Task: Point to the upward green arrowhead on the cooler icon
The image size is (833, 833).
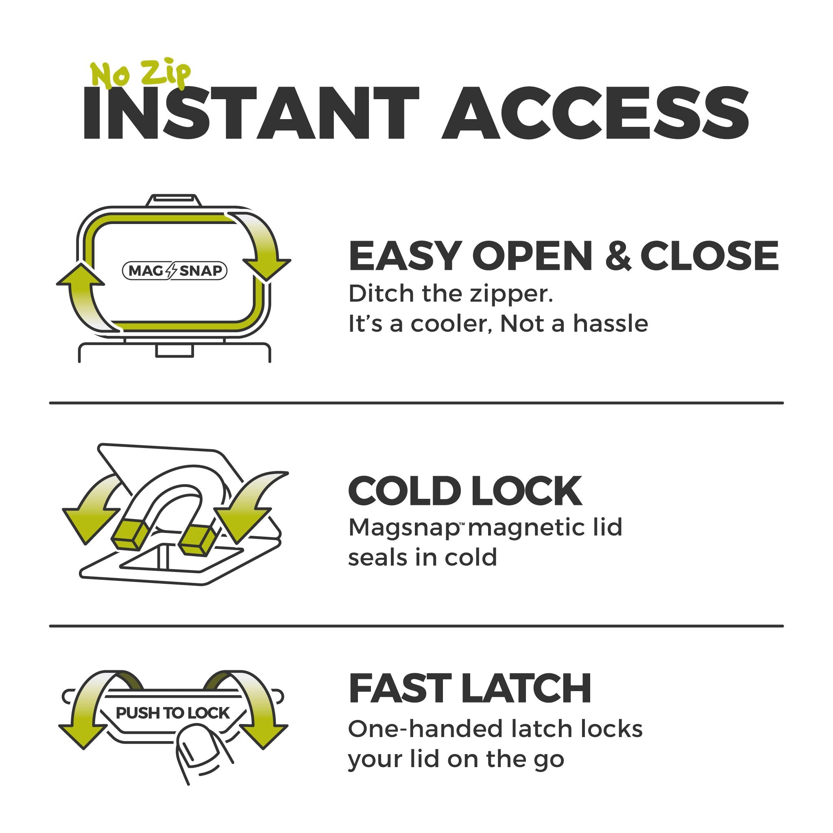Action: [80, 275]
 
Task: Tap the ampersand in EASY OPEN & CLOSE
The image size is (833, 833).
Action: [618, 256]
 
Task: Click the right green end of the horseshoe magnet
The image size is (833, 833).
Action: [196, 540]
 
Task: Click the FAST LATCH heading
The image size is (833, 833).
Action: [469, 689]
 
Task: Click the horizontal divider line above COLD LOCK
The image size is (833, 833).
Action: [416, 403]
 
